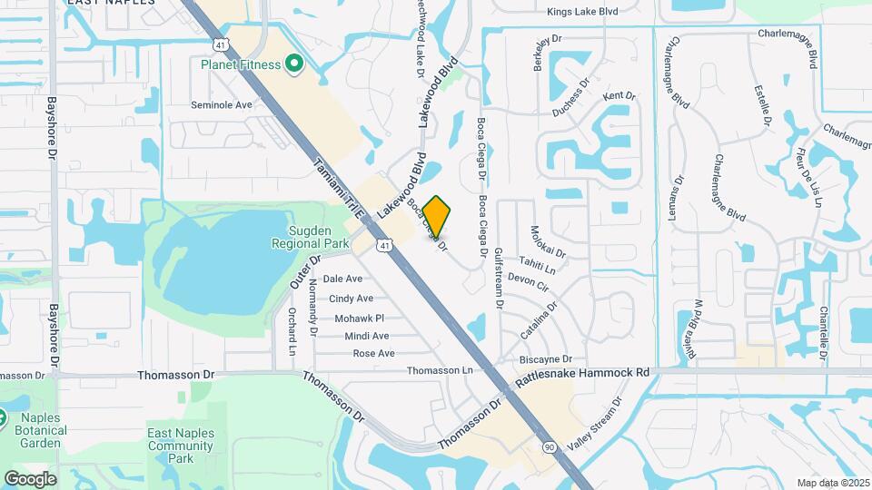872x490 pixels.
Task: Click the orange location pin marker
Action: (437, 216)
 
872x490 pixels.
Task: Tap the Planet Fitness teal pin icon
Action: (293, 64)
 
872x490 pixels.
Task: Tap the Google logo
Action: (30, 478)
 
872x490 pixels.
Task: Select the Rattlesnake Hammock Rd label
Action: (583, 372)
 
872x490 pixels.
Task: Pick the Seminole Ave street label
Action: (222, 105)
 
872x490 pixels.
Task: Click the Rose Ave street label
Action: (373, 353)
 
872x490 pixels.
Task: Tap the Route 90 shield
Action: (548, 446)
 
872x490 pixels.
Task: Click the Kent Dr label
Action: (619, 95)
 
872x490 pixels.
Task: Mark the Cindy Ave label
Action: (351, 299)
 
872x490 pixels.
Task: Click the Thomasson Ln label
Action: (440, 370)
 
